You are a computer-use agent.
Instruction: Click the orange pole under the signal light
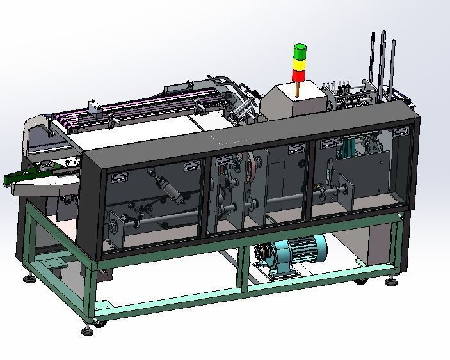coord(299,90)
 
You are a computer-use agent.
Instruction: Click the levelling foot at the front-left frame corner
coord(87,329)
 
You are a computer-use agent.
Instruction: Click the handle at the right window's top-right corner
coord(400,131)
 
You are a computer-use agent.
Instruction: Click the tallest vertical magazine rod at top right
coord(383,58)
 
